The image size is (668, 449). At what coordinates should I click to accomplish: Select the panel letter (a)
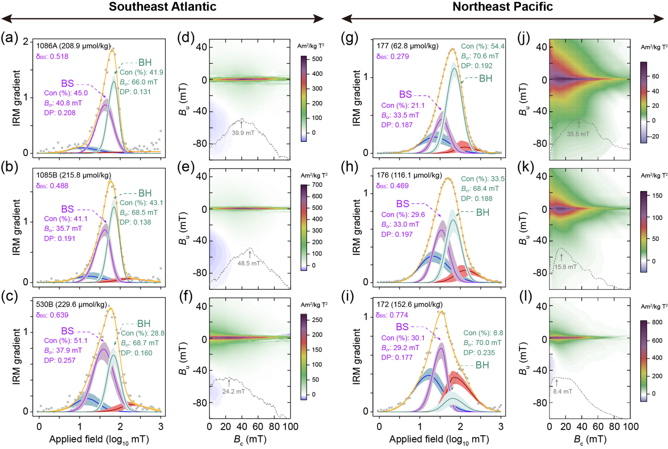pos(11,38)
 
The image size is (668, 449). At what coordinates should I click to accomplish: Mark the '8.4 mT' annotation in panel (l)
pos(563,391)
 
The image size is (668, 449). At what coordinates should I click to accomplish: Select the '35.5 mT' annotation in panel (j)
pos(579,134)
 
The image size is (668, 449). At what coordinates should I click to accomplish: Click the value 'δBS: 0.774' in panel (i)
pos(393,315)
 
